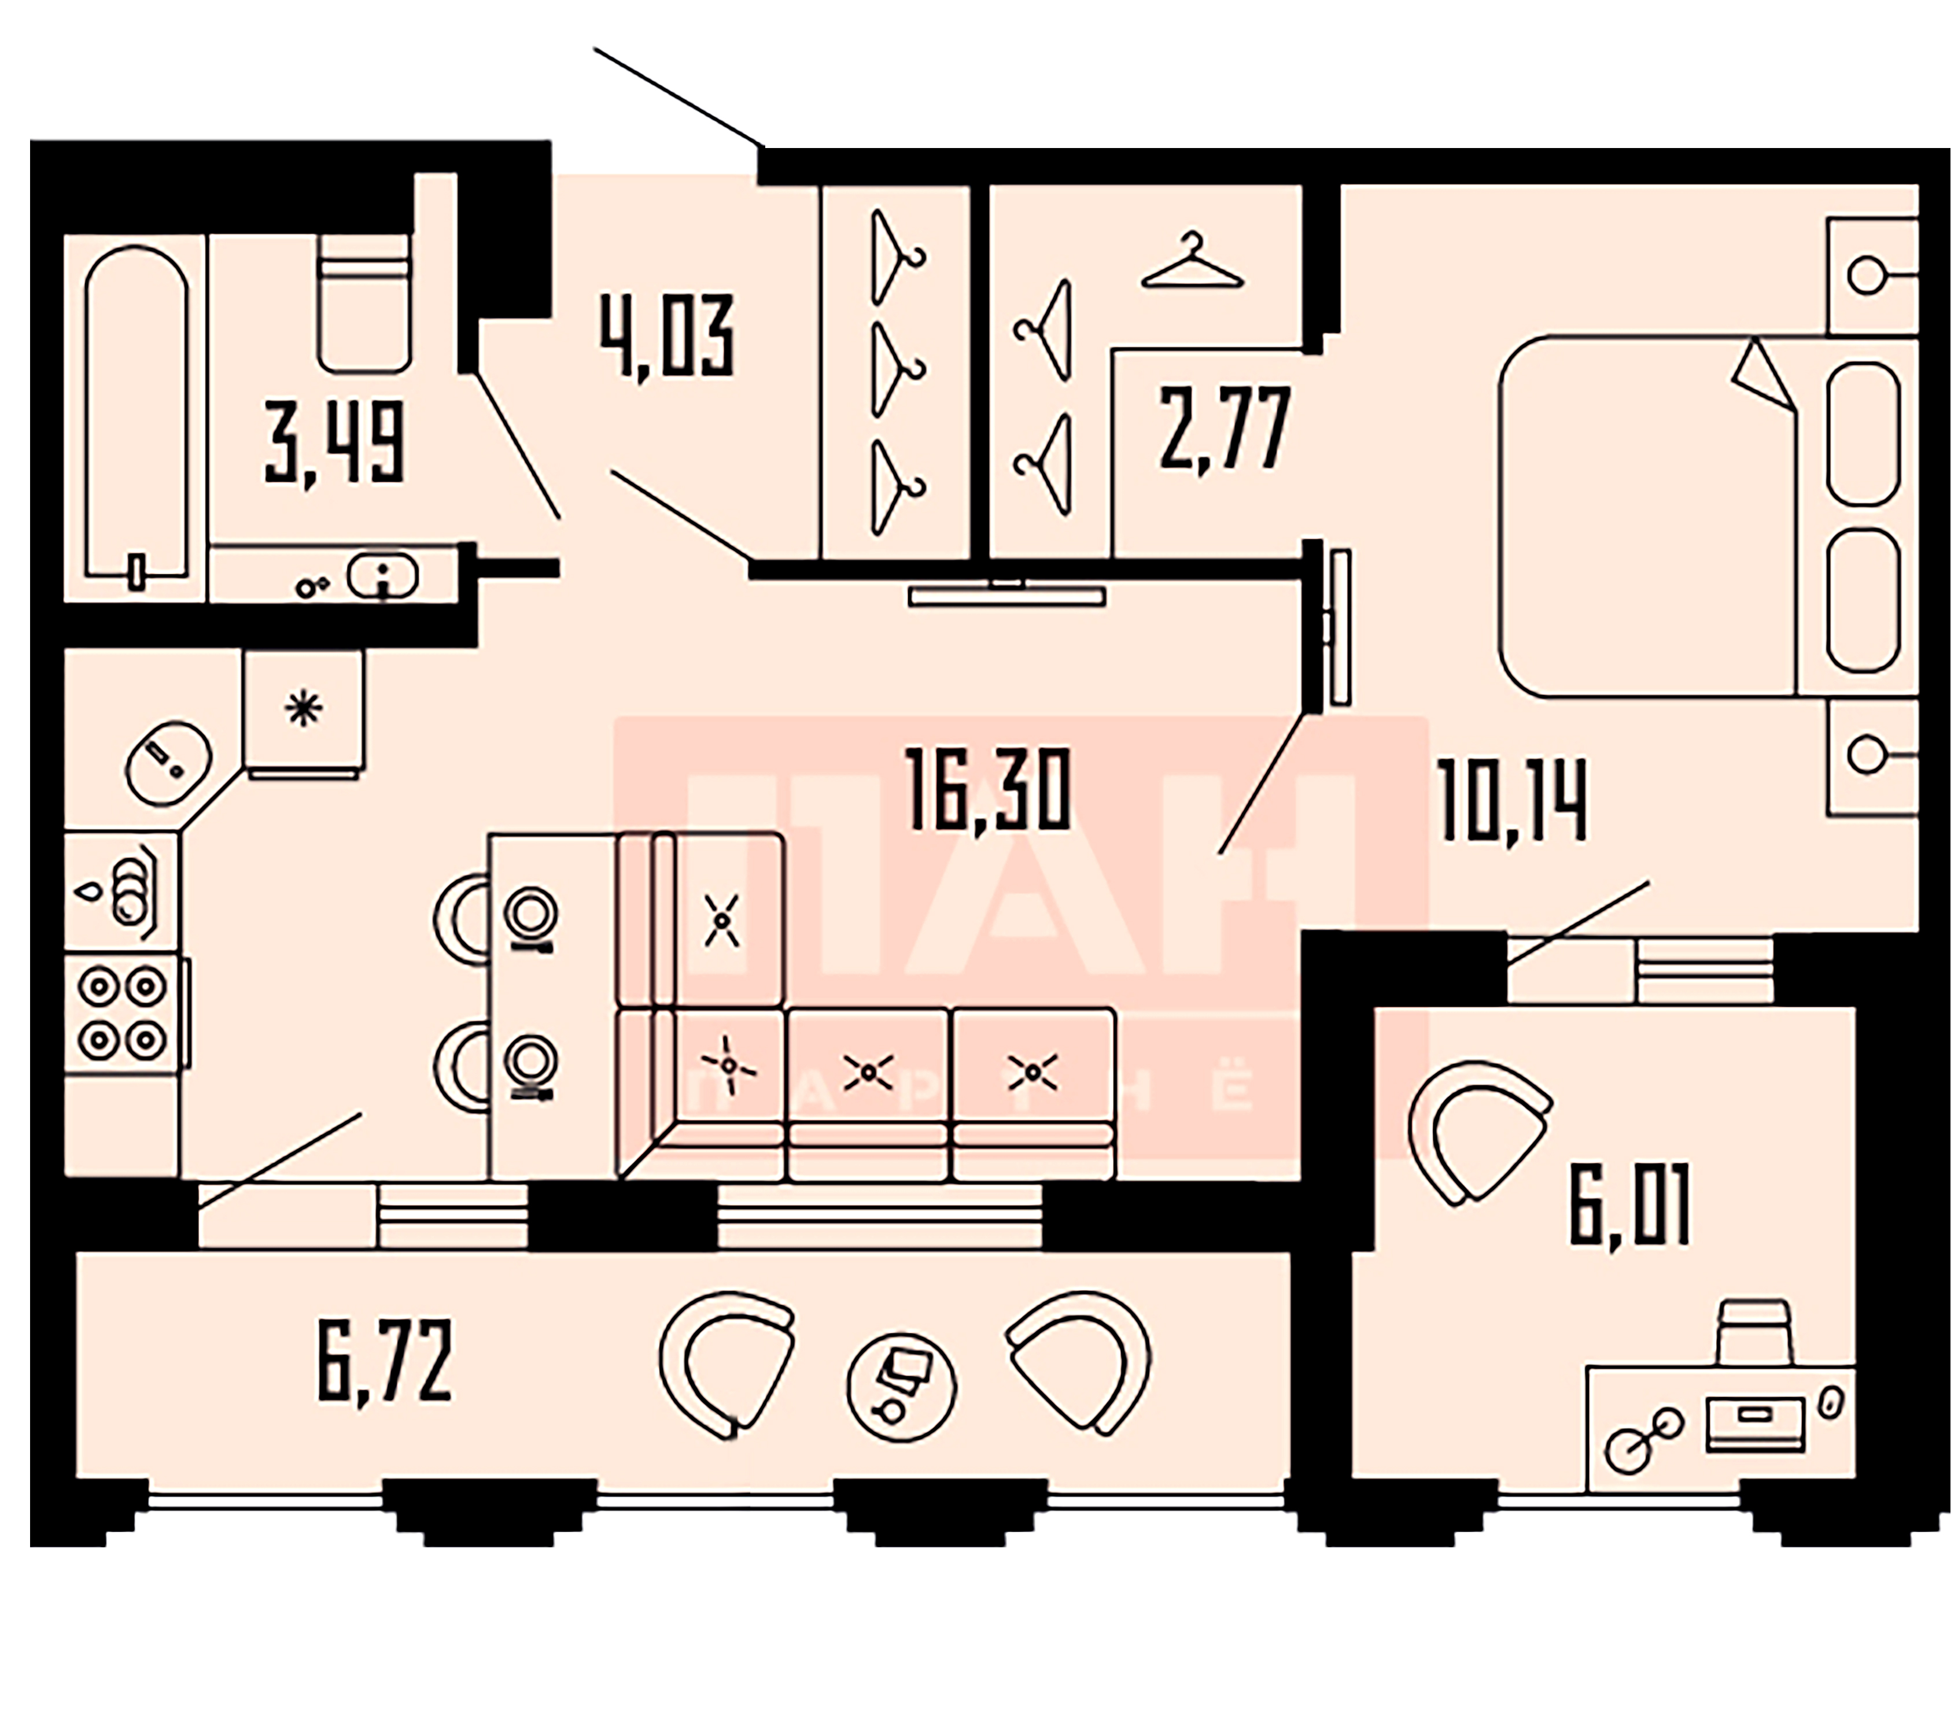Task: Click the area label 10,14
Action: (x=1511, y=801)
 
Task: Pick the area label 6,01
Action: (x=1628, y=1204)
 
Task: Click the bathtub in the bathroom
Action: (x=135, y=412)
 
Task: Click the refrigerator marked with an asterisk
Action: (x=304, y=711)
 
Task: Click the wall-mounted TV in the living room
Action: (x=1006, y=596)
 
